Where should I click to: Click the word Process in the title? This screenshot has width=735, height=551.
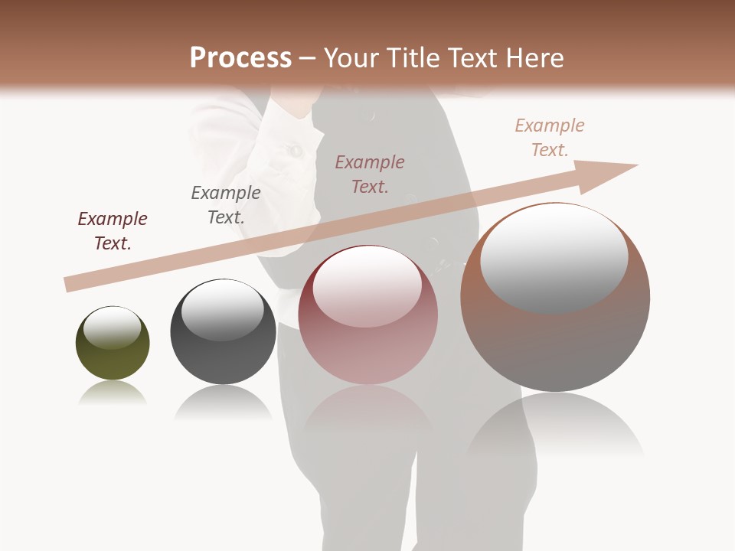click(x=240, y=57)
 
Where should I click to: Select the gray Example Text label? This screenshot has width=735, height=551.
click(x=226, y=205)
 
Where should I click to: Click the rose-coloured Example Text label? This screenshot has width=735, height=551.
click(x=370, y=174)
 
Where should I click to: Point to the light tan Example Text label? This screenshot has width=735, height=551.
click(x=550, y=138)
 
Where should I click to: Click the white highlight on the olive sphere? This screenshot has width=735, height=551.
click(x=112, y=328)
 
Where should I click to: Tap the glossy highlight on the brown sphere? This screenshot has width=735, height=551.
click(x=554, y=256)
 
